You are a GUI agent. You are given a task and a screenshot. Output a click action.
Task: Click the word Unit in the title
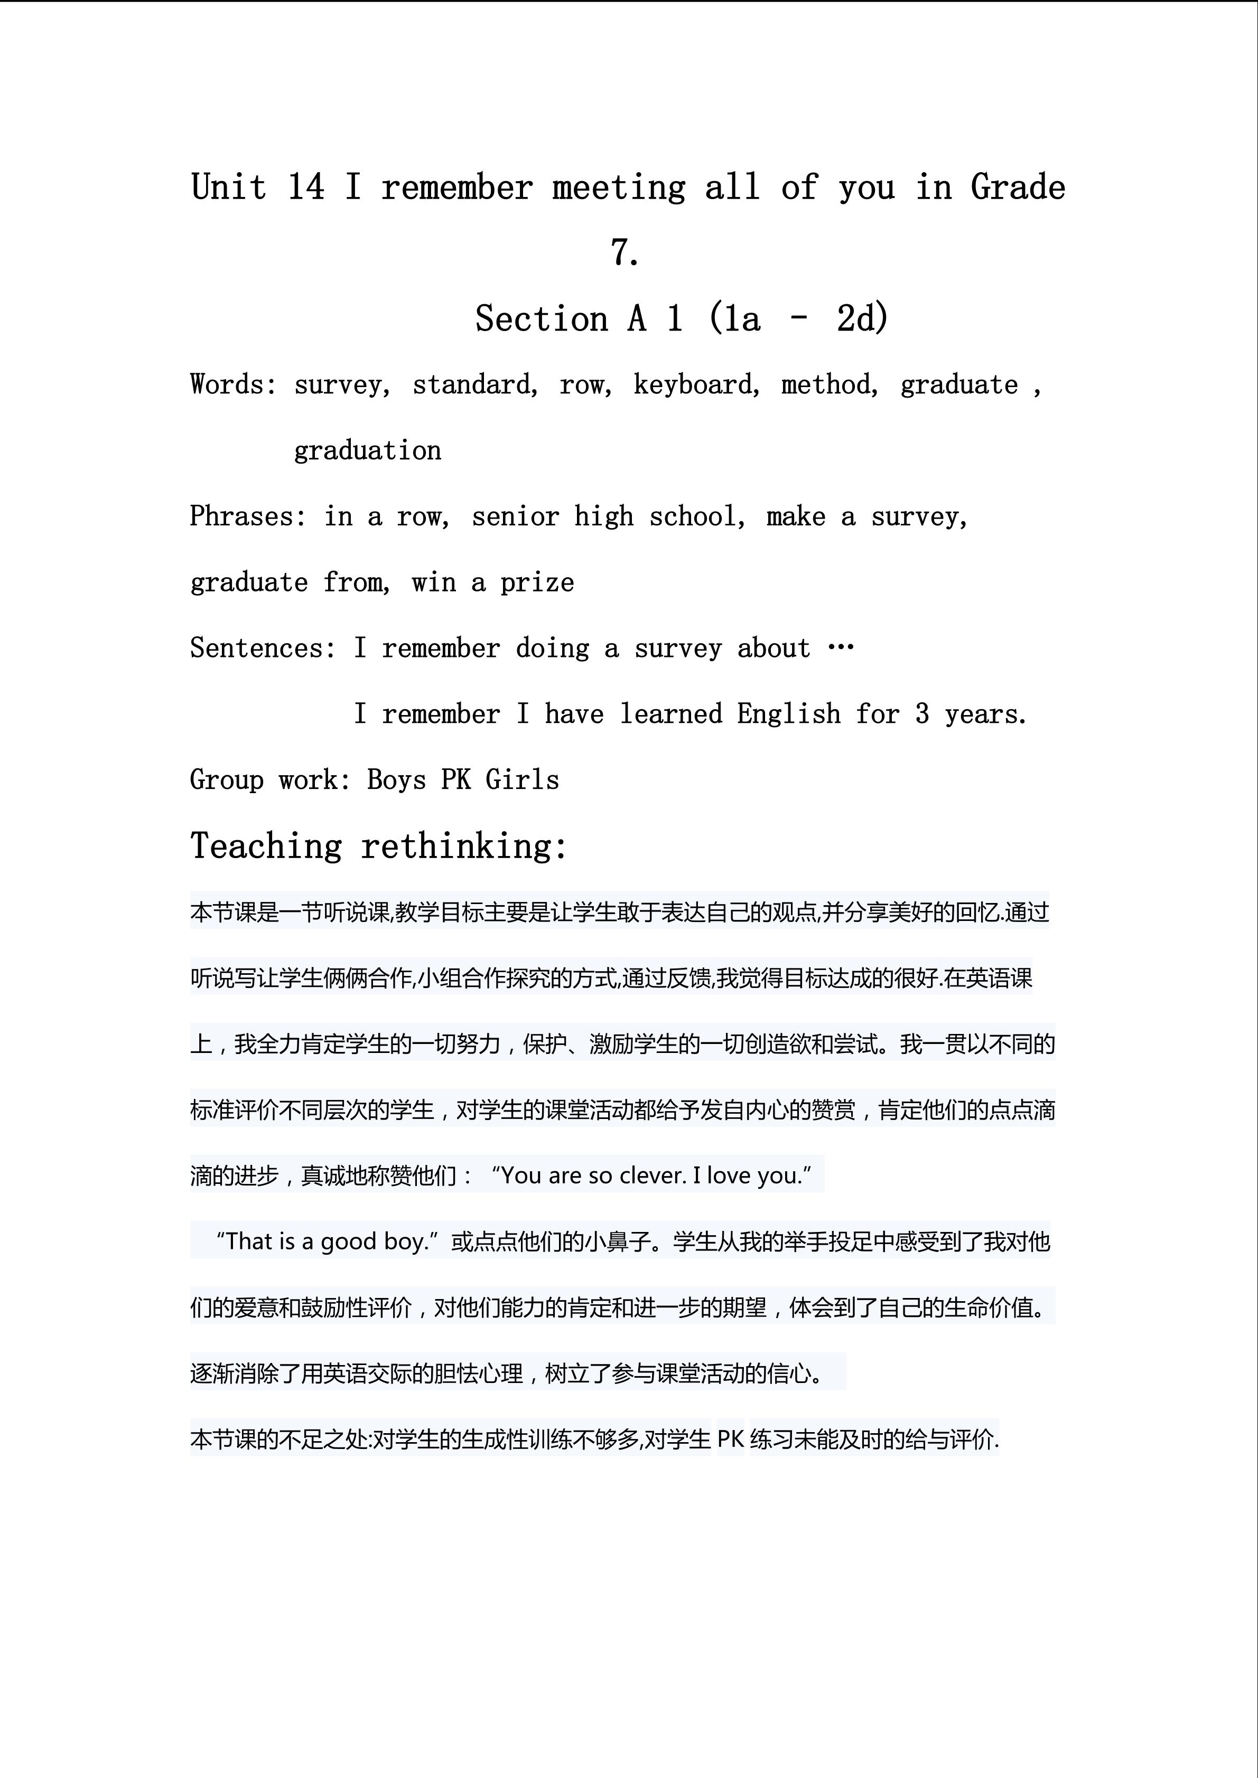pos(229,187)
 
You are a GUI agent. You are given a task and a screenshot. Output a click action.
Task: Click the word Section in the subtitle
pos(542,319)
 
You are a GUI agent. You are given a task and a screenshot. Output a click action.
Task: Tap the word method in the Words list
pos(826,385)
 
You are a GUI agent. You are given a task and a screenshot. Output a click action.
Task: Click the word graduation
pos(367,450)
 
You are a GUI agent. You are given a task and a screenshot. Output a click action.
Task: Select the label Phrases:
pos(248,516)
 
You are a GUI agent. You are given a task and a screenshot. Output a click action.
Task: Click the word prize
pos(537,582)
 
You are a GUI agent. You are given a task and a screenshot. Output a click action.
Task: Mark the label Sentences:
pos(263,648)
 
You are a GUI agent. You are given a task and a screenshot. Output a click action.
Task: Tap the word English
pos(788,714)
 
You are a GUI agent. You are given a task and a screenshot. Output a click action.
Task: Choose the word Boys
pos(396,780)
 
